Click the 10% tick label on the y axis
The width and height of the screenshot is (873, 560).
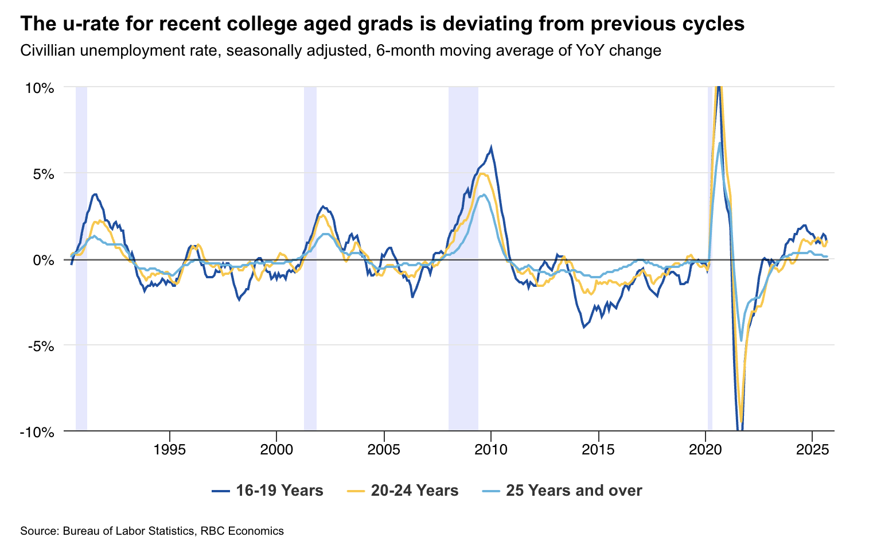(39, 88)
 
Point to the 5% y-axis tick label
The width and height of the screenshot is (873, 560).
(42, 174)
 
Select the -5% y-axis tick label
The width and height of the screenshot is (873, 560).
(40, 346)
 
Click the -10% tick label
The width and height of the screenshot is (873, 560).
(37, 432)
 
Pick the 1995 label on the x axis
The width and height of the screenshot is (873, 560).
(169, 449)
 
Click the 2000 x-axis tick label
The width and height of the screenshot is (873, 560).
(276, 449)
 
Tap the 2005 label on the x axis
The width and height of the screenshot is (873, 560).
(384, 449)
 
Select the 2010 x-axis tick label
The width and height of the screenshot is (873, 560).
(491, 449)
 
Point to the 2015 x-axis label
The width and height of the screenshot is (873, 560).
(598, 449)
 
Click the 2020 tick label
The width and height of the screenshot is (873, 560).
(706, 449)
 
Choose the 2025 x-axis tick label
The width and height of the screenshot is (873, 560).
(812, 449)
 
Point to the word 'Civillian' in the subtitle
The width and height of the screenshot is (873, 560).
(47, 51)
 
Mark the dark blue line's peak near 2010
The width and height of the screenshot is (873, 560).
(491, 147)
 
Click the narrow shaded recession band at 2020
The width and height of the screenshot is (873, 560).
(710, 258)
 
